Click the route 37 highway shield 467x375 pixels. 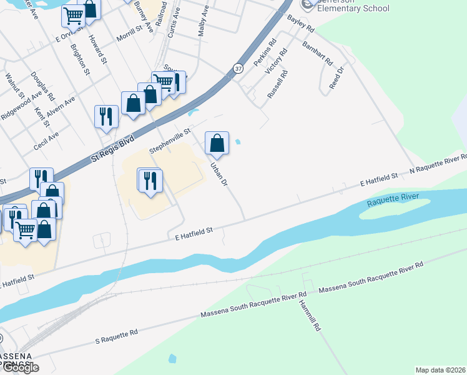238,68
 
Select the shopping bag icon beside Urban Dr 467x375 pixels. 217,143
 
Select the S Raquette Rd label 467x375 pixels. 116,336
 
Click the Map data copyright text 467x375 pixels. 441,369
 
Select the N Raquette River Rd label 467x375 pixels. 438,164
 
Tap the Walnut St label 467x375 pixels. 14,87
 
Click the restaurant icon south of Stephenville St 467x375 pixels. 150,181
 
